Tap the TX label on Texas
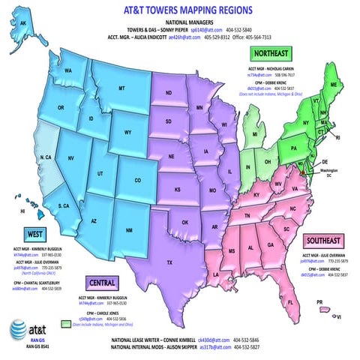tap(169, 262)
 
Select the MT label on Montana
tap(121, 88)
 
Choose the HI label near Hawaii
tap(22, 212)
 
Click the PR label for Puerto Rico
tap(319, 302)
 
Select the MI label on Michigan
tap(255, 134)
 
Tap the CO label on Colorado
tap(137, 180)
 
